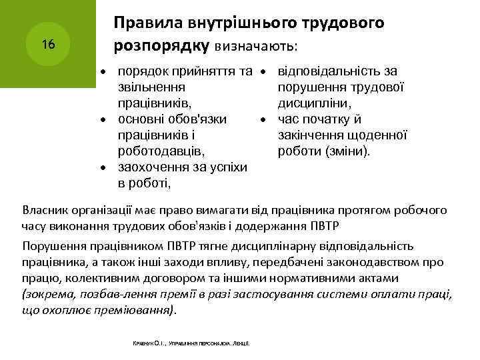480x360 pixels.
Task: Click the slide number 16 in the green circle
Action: coord(47,45)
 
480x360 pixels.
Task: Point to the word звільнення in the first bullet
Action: coord(150,87)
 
